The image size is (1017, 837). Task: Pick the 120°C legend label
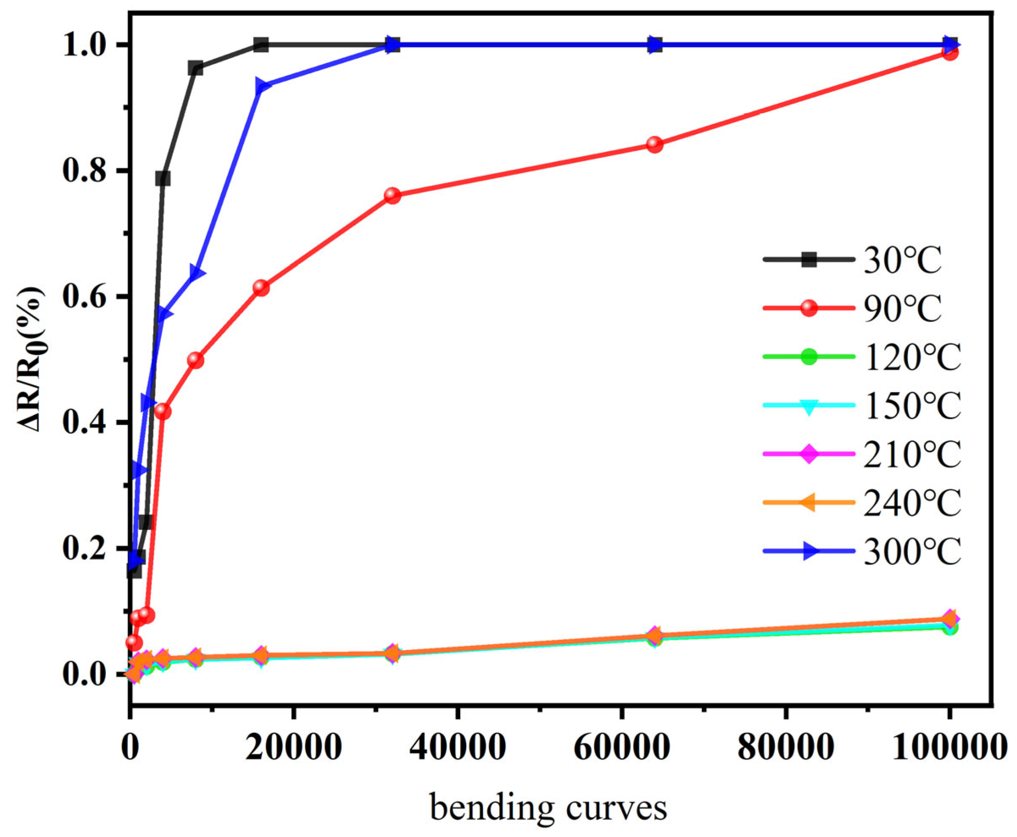pos(912,357)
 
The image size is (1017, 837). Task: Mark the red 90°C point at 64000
pos(654,144)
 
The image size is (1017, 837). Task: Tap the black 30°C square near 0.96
pos(195,69)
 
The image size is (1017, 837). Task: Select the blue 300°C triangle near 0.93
pos(262,87)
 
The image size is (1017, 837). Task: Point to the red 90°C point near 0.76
pos(393,195)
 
